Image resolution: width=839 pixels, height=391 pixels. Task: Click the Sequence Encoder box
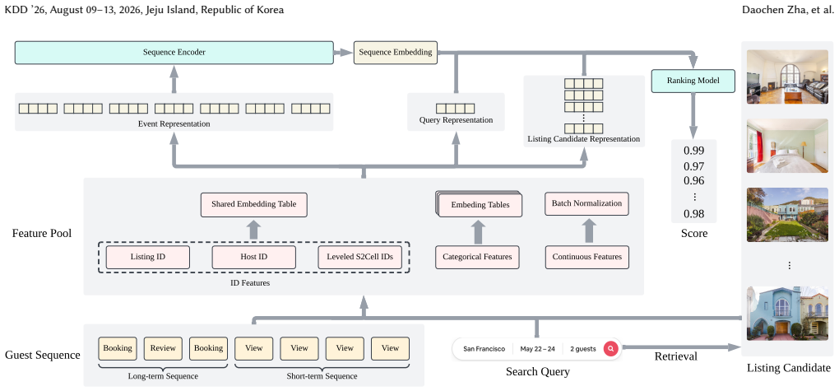click(x=174, y=53)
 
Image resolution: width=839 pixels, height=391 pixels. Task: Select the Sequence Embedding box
click(x=396, y=53)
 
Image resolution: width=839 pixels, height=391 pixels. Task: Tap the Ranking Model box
click(x=693, y=81)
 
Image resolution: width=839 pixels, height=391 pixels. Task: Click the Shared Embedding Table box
click(x=253, y=205)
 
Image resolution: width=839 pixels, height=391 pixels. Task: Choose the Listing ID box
click(x=148, y=257)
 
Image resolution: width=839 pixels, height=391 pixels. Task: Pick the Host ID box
click(x=253, y=257)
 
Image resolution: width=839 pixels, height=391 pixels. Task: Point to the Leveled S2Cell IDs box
click(x=359, y=257)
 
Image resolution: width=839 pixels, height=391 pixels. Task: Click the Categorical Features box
click(x=477, y=257)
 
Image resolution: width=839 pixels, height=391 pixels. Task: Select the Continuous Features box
click(x=587, y=257)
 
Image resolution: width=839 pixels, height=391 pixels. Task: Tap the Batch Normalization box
click(x=587, y=203)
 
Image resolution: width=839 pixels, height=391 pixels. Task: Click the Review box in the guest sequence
click(x=163, y=348)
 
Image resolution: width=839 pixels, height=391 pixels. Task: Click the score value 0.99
click(x=694, y=151)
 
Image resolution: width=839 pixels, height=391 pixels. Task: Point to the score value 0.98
click(x=694, y=214)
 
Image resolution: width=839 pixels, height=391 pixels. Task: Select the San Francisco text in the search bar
click(x=484, y=349)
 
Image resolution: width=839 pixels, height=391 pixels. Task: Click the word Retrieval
click(x=676, y=356)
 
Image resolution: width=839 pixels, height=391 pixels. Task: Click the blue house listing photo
click(x=787, y=314)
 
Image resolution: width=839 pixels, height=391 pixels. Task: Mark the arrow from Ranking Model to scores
click(x=693, y=116)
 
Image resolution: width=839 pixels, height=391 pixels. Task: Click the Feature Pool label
click(x=42, y=234)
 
